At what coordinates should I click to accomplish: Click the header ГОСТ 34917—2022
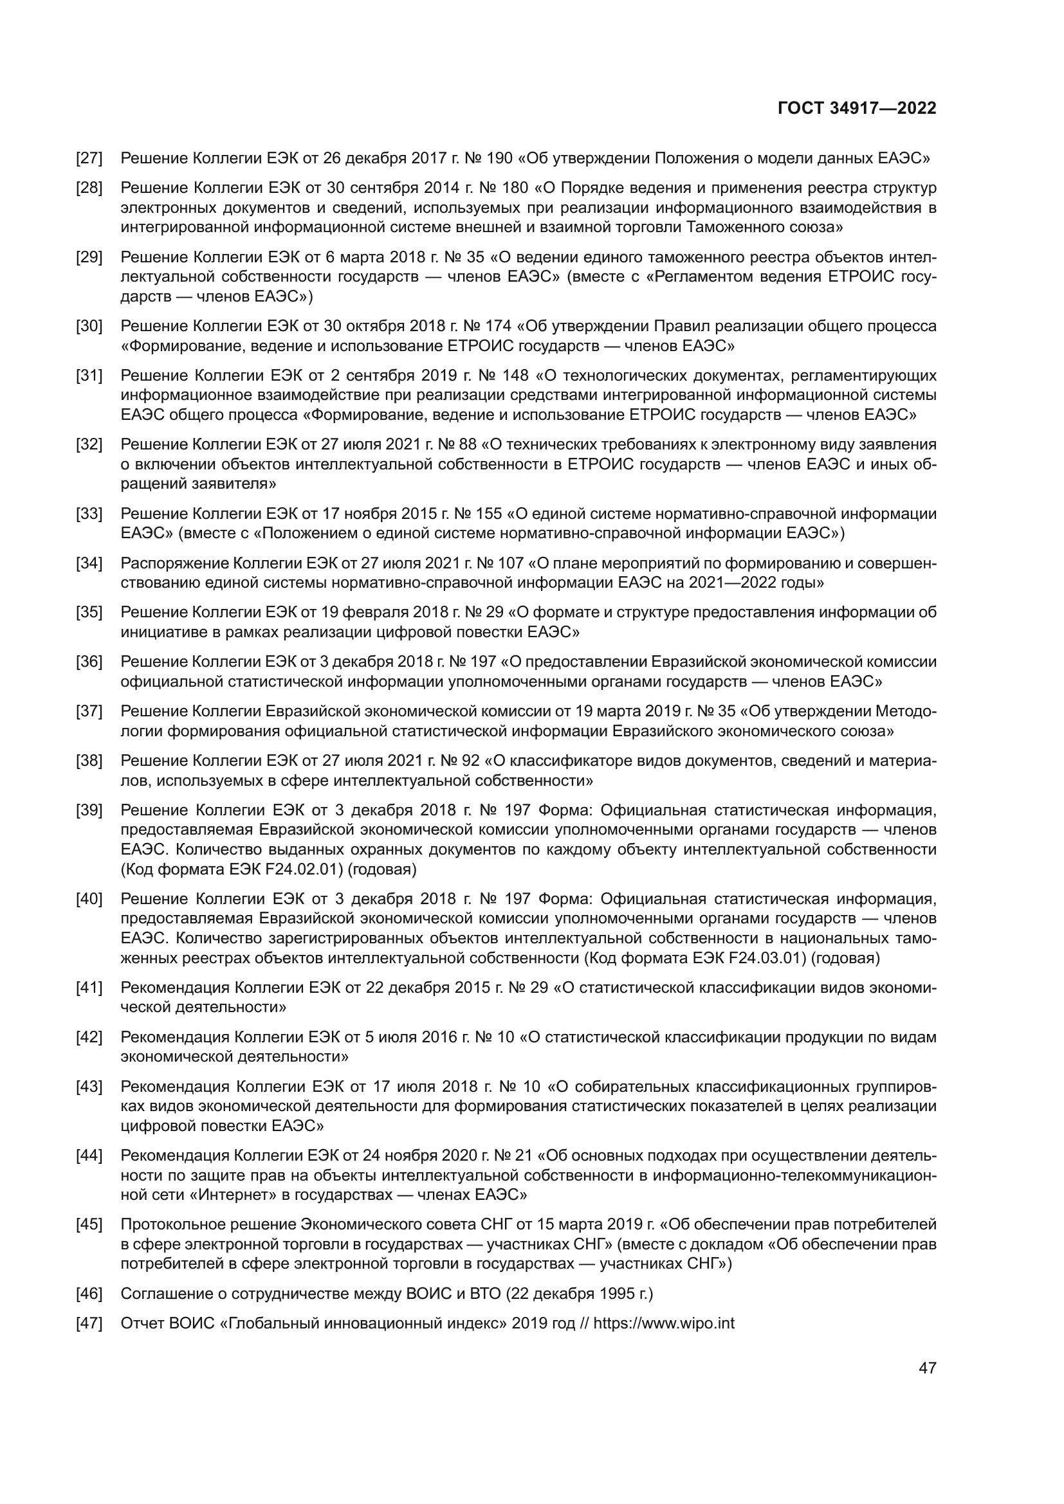click(857, 108)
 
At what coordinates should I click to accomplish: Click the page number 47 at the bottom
click(928, 1368)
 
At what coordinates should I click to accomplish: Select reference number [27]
click(89, 158)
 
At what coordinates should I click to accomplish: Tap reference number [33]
click(89, 514)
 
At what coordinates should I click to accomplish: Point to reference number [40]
click(89, 899)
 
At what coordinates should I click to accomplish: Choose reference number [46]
click(89, 1294)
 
